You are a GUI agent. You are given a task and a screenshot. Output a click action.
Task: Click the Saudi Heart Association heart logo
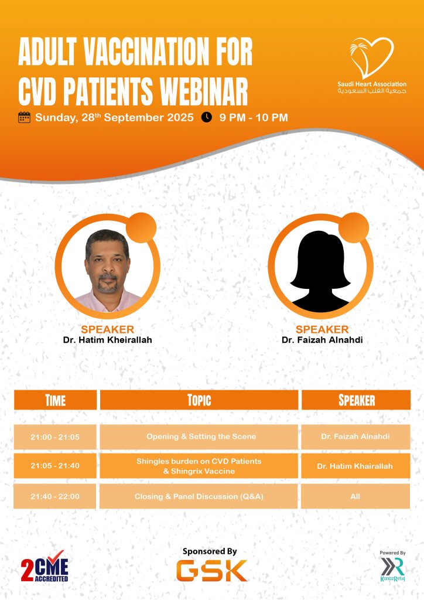pos(371,57)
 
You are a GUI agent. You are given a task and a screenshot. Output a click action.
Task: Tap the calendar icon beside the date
pos(24,117)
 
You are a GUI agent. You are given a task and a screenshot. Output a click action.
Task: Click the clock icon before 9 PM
pos(207,117)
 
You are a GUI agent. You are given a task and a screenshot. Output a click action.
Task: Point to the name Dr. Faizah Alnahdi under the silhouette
pos(322,340)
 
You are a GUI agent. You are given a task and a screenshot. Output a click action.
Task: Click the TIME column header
pos(56,400)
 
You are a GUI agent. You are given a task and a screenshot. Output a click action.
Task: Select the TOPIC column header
pos(199,400)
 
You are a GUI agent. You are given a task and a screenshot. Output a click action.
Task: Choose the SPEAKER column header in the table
pos(356,400)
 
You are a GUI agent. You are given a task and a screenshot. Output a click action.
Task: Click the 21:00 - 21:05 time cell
pos(55,437)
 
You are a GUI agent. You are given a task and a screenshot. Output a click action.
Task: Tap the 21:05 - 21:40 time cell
pos(55,466)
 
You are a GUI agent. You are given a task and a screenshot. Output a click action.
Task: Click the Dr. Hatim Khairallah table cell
pos(355,466)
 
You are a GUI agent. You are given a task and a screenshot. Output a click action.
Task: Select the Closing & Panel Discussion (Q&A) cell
pos(199,496)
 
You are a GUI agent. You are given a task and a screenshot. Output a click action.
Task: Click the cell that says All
pos(355,496)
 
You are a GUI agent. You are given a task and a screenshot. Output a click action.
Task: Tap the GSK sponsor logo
pos(211,571)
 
